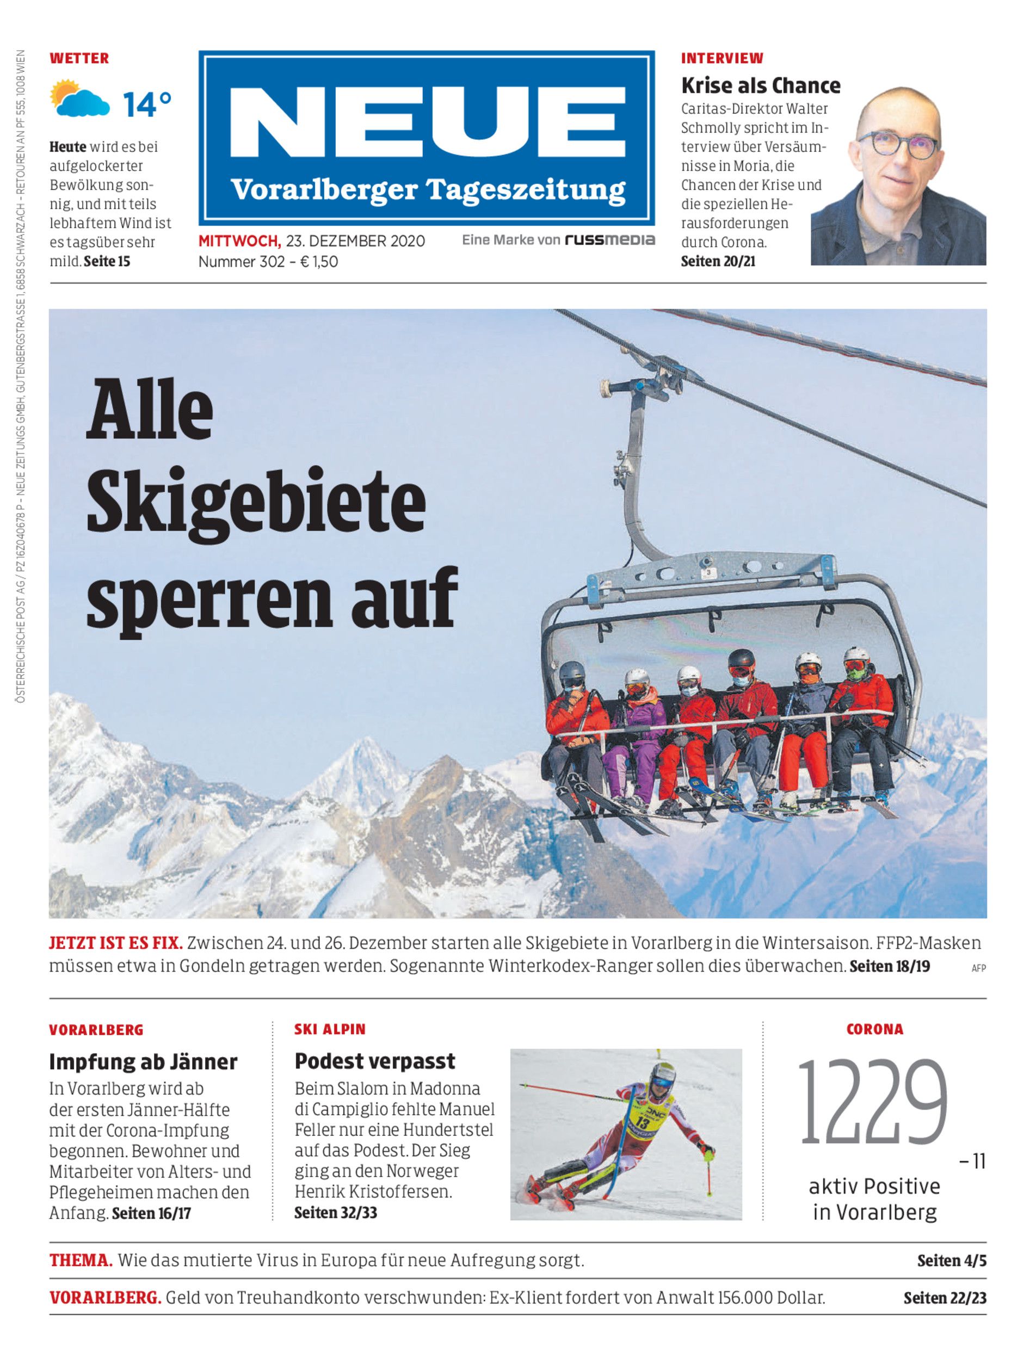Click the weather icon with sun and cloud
coord(79,98)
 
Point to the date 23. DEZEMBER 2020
coord(355,241)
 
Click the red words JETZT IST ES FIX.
coord(115,943)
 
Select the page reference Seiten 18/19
coord(889,966)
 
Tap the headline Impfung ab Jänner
coord(143,1061)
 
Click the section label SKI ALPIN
coord(330,1030)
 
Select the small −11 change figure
coord(972,1162)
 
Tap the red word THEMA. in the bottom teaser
coord(81,1261)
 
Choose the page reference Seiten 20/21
coord(718,262)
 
